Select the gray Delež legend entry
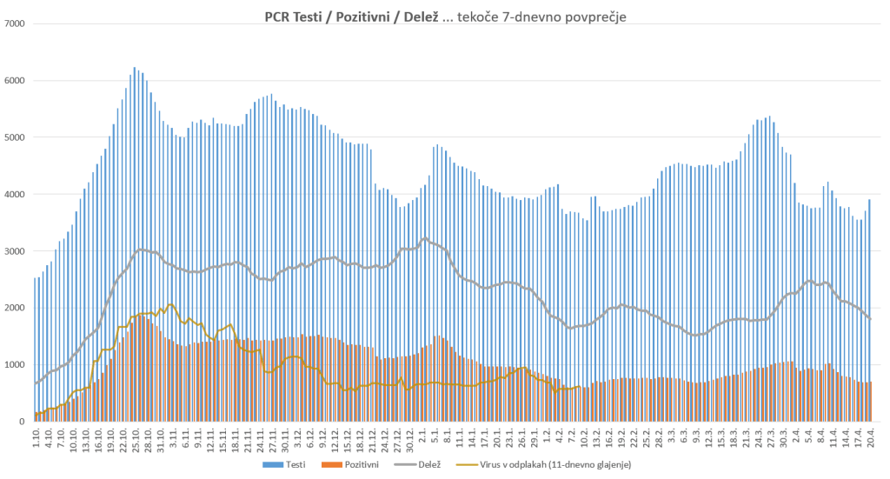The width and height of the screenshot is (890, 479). [x=422, y=465]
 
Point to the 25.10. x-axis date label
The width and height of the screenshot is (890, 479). [x=136, y=437]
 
